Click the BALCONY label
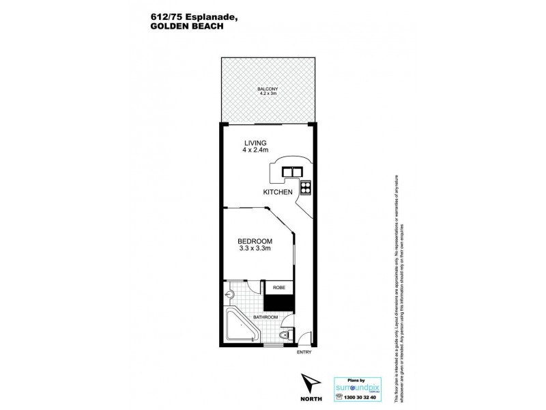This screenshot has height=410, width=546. tap(266, 89)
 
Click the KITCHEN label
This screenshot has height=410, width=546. tap(278, 193)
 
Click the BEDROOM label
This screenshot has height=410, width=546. tap(255, 241)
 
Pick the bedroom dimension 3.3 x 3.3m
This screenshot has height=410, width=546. tap(255, 249)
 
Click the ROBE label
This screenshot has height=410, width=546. tap(278, 288)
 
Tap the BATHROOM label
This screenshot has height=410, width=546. tap(265, 318)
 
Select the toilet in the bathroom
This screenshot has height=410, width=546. tap(287, 336)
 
